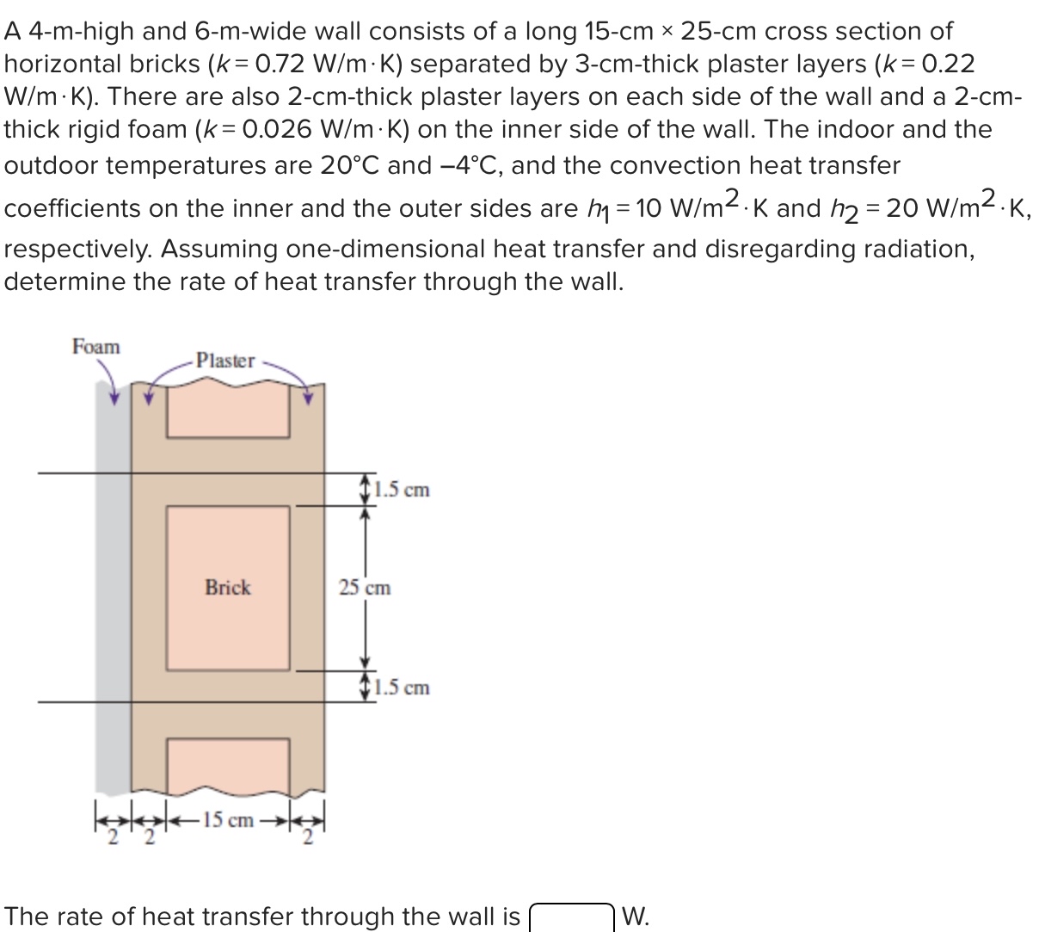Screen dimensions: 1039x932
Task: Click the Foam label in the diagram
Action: coord(96,347)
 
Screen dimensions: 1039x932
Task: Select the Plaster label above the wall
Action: coord(225,361)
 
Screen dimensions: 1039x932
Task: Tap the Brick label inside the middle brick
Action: coord(228,588)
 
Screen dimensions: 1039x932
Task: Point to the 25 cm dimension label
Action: coord(365,588)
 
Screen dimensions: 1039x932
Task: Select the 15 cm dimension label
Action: coord(229,820)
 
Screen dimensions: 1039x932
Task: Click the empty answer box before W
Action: coord(571,917)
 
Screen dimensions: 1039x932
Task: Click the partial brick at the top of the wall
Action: coord(228,411)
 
